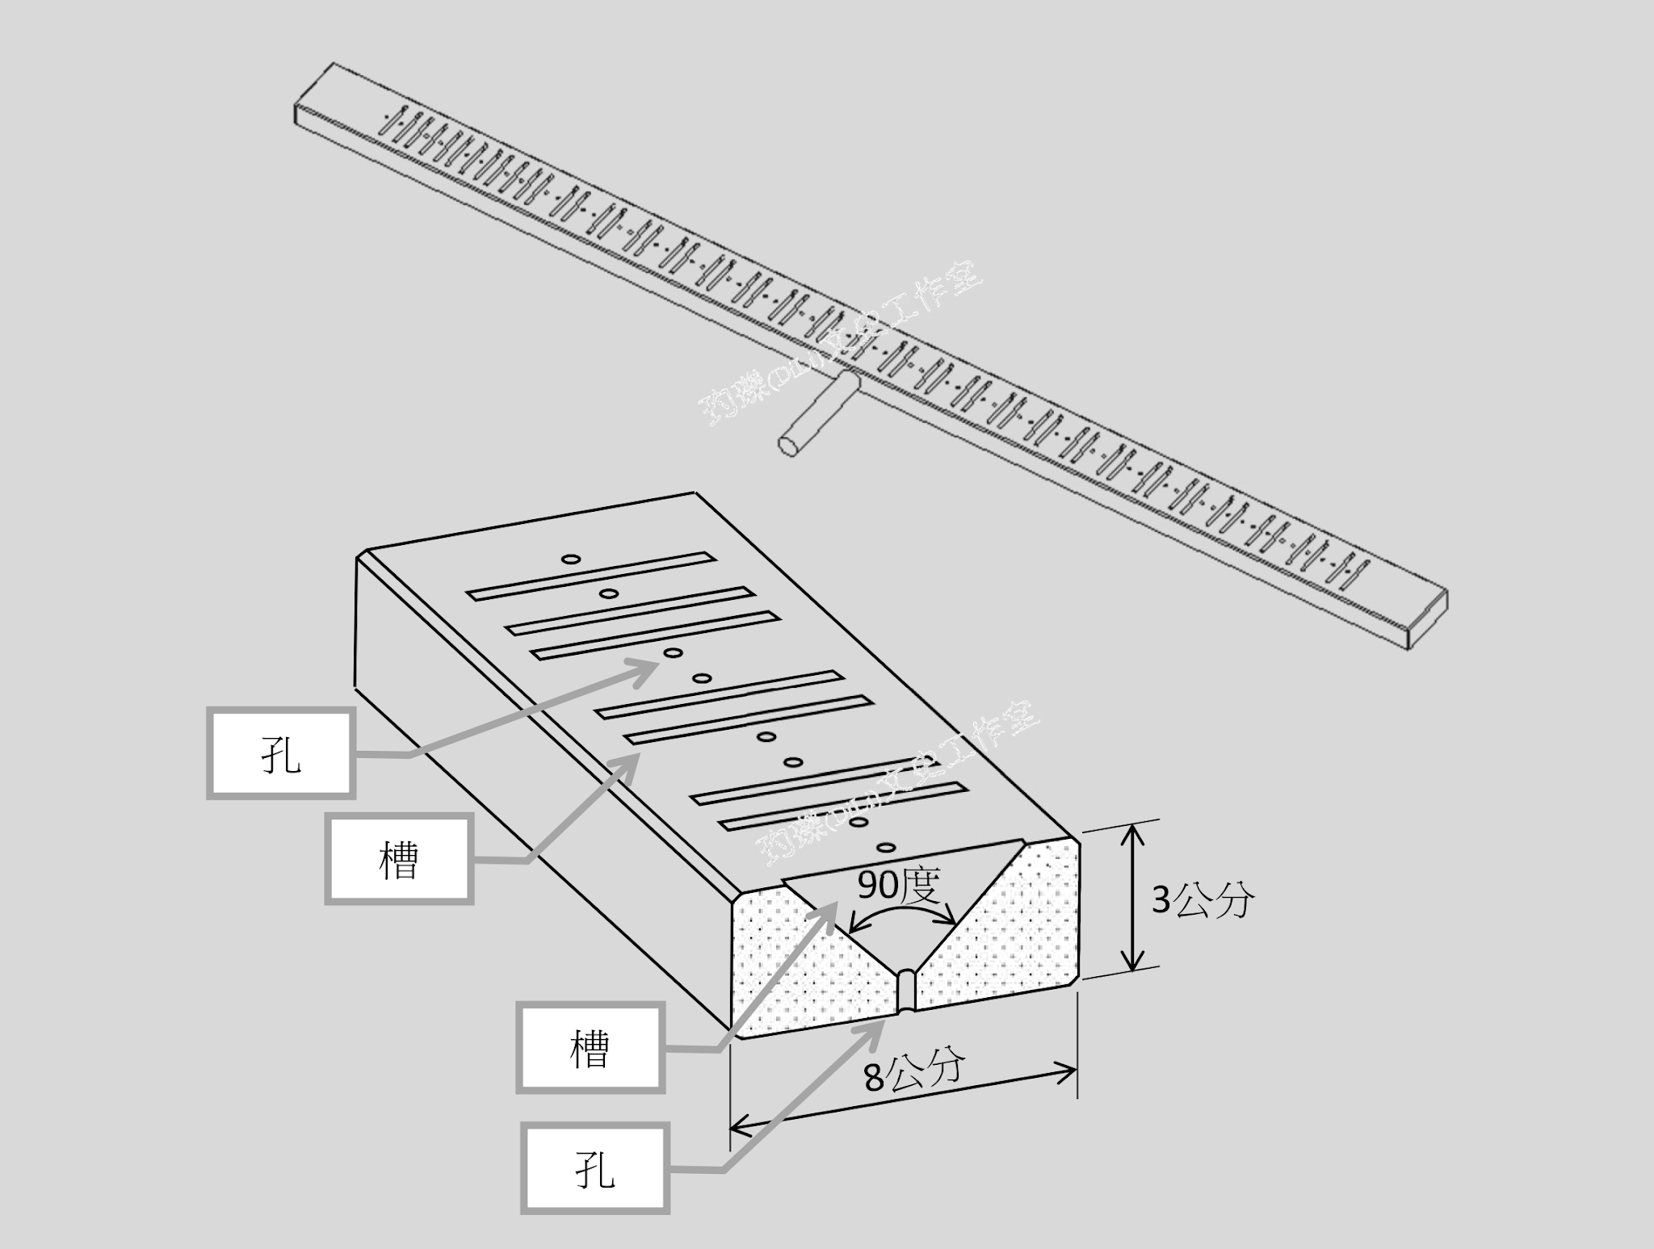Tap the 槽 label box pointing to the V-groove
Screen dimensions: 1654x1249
click(590, 1048)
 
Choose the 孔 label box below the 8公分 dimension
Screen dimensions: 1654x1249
click(595, 1168)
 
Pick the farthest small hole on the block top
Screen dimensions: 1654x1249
click(571, 559)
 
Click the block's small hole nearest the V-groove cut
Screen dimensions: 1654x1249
click(886, 848)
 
